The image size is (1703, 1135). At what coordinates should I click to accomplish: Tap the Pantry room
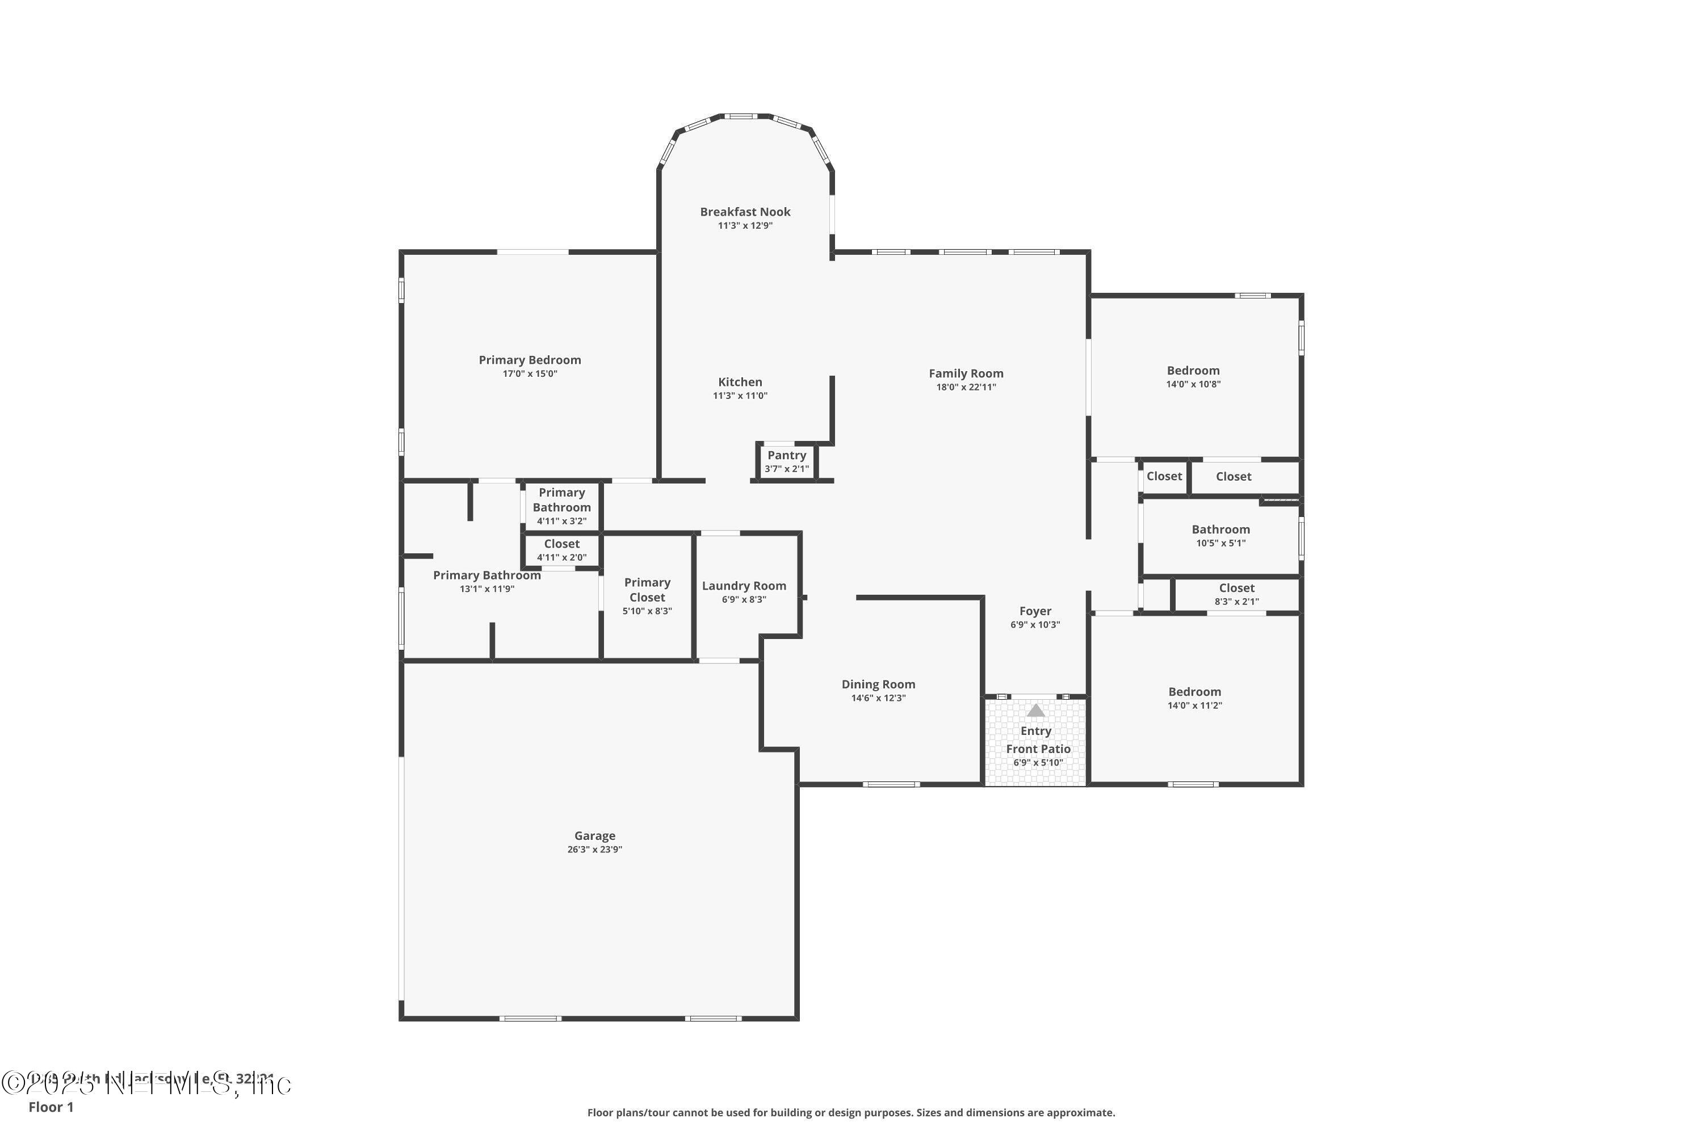(x=786, y=461)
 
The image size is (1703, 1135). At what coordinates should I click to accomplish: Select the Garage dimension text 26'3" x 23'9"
(x=594, y=849)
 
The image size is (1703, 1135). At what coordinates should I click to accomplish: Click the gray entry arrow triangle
(x=1035, y=711)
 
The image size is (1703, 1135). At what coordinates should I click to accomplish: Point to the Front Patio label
(x=1038, y=749)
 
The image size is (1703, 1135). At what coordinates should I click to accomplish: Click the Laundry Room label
(x=744, y=586)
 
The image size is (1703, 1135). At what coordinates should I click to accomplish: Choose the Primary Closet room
(x=647, y=596)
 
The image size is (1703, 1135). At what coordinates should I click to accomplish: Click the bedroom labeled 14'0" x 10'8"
(x=1193, y=376)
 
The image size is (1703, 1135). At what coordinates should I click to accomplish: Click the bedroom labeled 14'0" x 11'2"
(x=1194, y=698)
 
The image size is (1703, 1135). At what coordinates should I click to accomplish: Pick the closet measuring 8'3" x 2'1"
(x=1236, y=594)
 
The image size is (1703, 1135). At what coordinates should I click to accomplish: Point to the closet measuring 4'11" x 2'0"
(x=561, y=550)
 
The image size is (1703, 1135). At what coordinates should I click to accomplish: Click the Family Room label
(x=966, y=373)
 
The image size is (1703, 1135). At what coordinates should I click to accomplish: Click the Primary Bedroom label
(x=529, y=360)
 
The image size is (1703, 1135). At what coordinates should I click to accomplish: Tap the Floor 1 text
(x=51, y=1107)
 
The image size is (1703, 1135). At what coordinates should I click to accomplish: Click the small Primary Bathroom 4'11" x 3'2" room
(x=561, y=506)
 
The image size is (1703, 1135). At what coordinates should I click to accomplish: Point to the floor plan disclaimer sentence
(x=851, y=1112)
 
